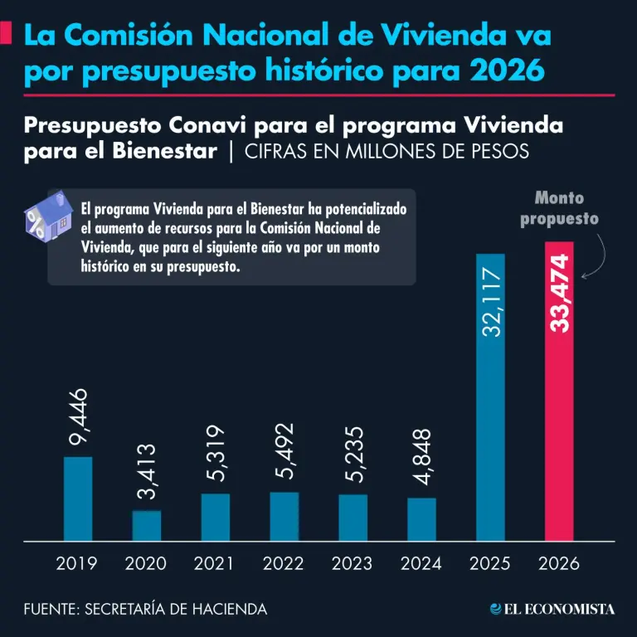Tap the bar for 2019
[x=78, y=498]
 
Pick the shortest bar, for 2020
[x=147, y=525]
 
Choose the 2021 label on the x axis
[x=215, y=564]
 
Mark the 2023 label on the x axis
[x=353, y=564]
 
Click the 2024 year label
[x=421, y=564]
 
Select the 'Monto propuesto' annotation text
[x=559, y=209]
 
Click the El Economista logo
[x=552, y=609]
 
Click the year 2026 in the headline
[x=505, y=71]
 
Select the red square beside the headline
[x=7, y=35]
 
